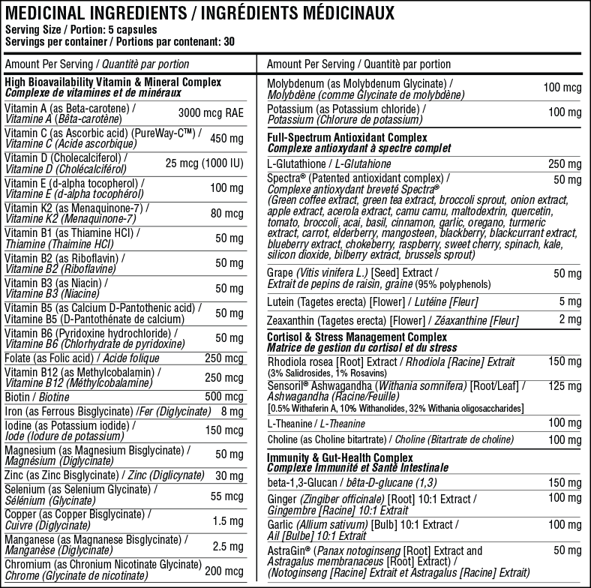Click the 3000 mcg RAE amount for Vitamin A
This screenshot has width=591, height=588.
coord(211,113)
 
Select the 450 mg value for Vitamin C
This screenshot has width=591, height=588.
coord(227,138)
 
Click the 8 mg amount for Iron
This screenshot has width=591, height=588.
coord(232,412)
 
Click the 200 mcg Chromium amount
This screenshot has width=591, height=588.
coord(225,571)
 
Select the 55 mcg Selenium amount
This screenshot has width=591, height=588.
coord(227,496)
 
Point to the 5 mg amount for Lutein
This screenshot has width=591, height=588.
coord(570,301)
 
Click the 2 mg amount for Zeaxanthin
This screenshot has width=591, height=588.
coord(570,320)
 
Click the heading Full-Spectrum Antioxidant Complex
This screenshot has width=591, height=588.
coord(347,138)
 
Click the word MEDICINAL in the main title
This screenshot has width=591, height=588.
coord(45,13)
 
